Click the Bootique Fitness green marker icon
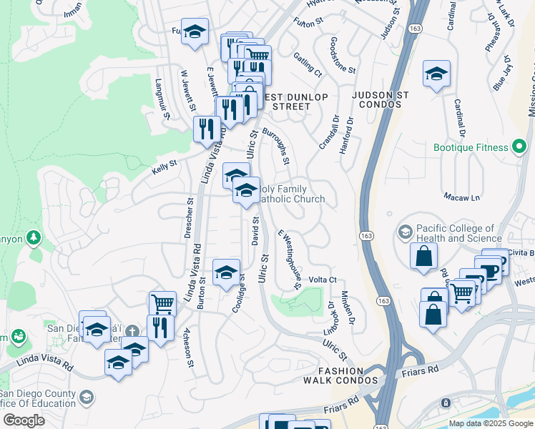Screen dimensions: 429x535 (521, 148)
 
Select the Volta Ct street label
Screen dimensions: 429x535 (322, 280)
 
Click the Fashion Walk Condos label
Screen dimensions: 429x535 (347, 375)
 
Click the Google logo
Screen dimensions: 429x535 (23, 420)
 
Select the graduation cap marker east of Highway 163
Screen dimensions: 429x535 (436, 74)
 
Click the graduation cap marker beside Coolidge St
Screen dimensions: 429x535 (226, 272)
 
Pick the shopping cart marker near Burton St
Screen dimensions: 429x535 (162, 303)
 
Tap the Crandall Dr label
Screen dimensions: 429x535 (329, 132)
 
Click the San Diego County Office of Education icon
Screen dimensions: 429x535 (86, 397)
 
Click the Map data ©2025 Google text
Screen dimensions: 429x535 (491, 423)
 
